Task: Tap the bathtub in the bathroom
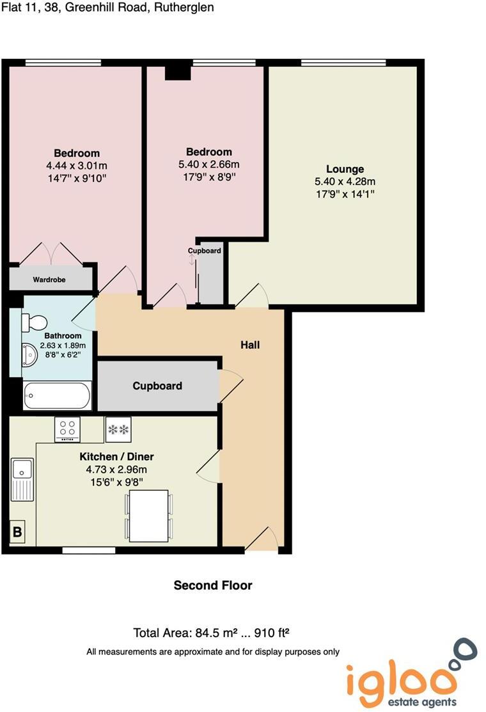coord(56,395)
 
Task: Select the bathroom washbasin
coord(30,353)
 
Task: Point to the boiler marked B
coord(17,532)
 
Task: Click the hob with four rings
coord(67,429)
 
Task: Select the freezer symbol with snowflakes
coord(118,429)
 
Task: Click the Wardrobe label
coord(49,280)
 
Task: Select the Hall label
coord(250,345)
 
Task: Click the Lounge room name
coord(345,169)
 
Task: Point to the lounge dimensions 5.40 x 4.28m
coord(345,181)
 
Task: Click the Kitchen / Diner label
coord(116,457)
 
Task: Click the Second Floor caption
coord(213,585)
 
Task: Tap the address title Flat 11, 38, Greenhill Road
coord(107,8)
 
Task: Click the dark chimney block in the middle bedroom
coord(178,72)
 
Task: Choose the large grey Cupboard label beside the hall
coord(157,386)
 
